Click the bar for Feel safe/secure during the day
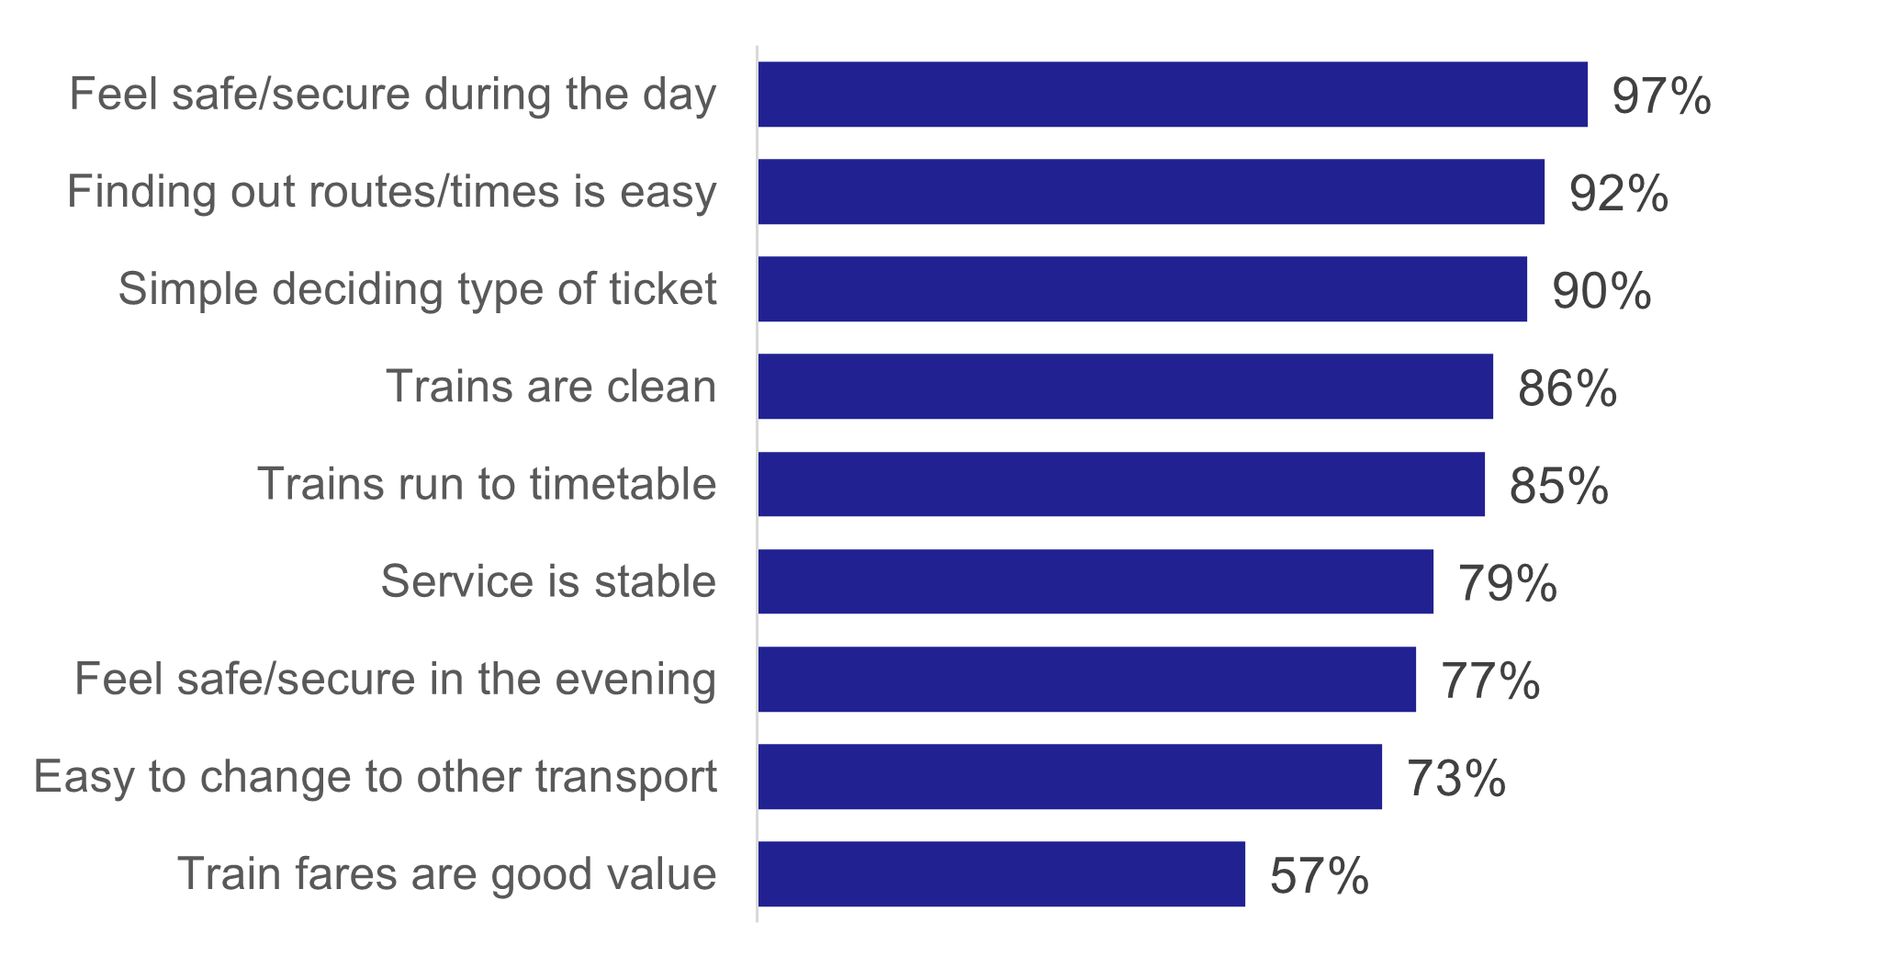[x=1173, y=95]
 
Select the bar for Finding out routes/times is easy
[x=1151, y=192]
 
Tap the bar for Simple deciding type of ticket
[x=1142, y=289]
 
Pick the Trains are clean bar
[x=1125, y=387]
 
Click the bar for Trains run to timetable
[x=1121, y=484]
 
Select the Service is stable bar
[x=1096, y=581]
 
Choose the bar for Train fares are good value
[x=1001, y=873]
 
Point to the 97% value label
[x=1661, y=96]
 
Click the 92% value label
[x=1618, y=194]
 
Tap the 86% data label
[x=1567, y=388]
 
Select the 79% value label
[x=1507, y=583]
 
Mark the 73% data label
[x=1455, y=778]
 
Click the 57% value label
[x=1319, y=875]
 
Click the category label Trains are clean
[x=551, y=387]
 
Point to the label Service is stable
[x=548, y=581]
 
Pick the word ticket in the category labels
[x=662, y=289]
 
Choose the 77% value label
[x=1489, y=681]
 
